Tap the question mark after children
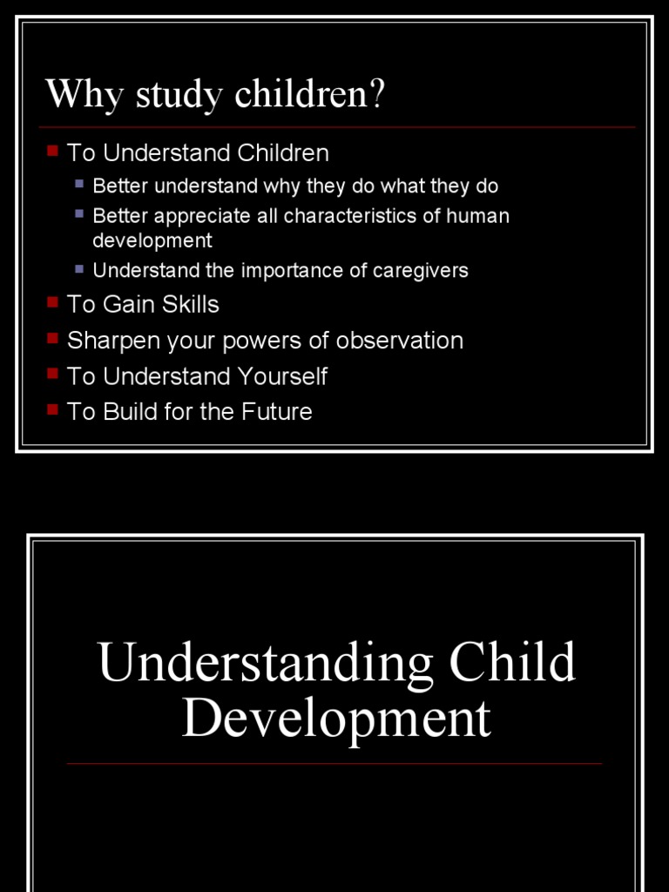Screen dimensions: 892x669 376,95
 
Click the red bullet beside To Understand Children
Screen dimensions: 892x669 52,151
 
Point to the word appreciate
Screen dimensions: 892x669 202,215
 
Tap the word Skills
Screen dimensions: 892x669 191,304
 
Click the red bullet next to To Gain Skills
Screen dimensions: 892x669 52,302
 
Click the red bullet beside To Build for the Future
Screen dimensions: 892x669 52,409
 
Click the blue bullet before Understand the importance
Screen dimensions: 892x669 79,268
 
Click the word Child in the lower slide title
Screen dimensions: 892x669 512,663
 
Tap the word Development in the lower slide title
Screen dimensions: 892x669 336,720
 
